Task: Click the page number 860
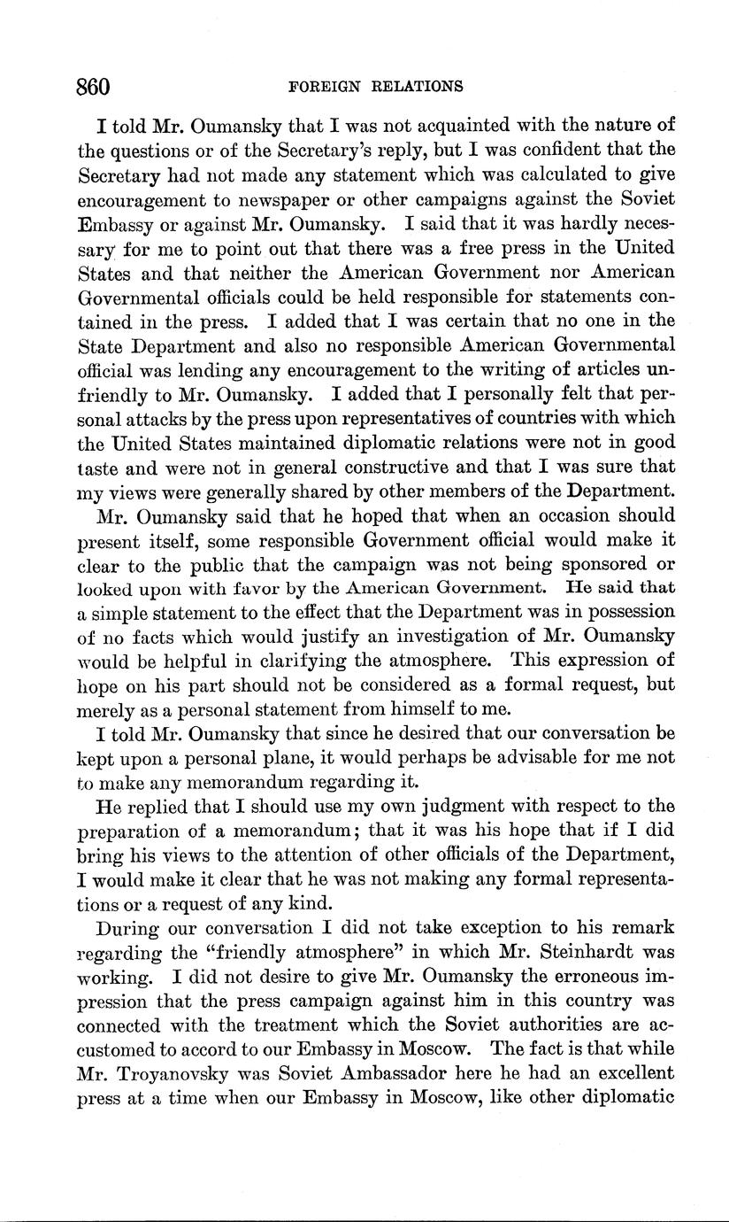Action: (x=92, y=86)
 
